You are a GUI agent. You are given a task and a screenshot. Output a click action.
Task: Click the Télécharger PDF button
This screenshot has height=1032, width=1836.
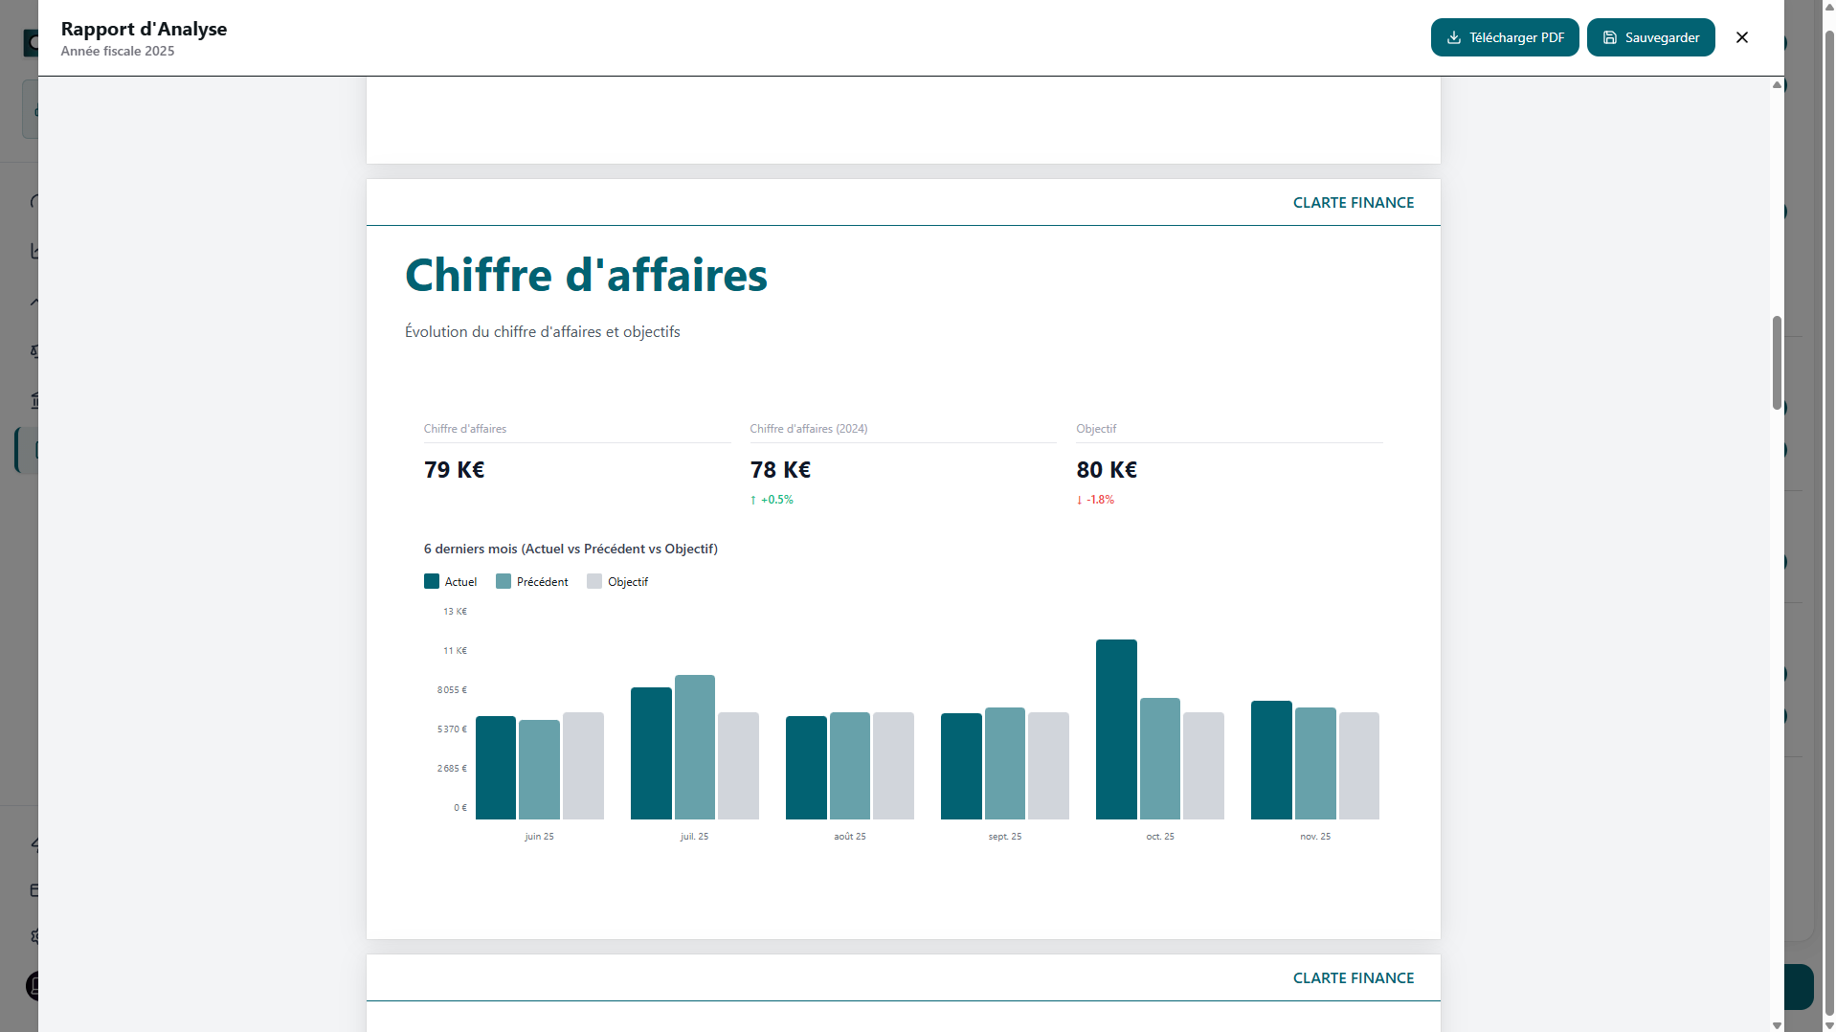click(1504, 37)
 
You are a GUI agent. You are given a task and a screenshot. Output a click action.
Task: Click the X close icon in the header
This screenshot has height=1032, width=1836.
click(1741, 37)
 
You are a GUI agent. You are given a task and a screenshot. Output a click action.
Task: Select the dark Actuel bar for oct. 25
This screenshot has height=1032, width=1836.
click(1115, 729)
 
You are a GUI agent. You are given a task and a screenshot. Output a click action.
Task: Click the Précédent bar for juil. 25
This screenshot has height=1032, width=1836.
click(694, 747)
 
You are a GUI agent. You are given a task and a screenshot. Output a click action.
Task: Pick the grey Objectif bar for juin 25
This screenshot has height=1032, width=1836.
click(583, 766)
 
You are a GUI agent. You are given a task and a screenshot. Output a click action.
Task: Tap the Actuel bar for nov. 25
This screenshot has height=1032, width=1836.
click(1270, 760)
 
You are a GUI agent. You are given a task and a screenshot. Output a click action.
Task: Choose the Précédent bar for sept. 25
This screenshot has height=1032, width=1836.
click(1004, 763)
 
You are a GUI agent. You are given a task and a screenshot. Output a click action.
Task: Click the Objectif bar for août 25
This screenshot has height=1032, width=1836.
click(893, 766)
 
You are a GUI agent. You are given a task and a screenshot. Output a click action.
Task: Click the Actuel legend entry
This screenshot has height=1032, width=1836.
click(451, 582)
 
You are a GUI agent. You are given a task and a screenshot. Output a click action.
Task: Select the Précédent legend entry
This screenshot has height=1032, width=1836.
click(532, 582)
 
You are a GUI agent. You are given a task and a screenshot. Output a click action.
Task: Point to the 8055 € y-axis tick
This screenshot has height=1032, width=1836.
click(452, 690)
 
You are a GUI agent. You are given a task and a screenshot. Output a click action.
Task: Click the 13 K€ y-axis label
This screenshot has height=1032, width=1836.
click(455, 612)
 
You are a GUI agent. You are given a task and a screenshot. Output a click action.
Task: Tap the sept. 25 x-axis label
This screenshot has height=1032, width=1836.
click(1004, 837)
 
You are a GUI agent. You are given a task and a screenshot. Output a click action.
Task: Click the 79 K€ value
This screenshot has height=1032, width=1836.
click(454, 470)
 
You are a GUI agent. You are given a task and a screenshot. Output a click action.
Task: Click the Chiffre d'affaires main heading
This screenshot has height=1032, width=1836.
click(586, 276)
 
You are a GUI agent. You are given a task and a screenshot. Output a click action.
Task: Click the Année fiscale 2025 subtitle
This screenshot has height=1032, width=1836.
click(118, 52)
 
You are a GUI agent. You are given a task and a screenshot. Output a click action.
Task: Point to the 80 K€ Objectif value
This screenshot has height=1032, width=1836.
click(1106, 470)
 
